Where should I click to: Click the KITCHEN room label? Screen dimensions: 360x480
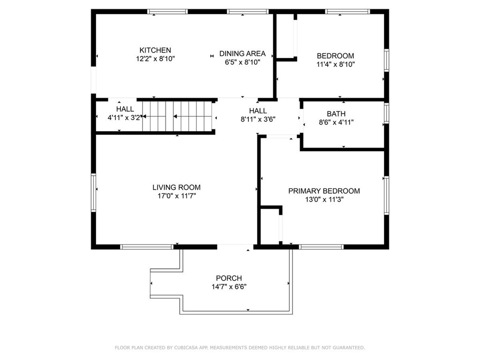coord(155,50)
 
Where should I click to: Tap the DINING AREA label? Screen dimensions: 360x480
coord(242,53)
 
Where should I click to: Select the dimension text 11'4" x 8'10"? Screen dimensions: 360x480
coord(335,64)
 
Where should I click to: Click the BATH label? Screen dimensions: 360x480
coord(336,114)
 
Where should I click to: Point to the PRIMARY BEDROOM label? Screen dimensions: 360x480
coord(324,191)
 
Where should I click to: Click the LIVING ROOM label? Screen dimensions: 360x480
coord(176,187)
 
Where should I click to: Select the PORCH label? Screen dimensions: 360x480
coord(229,278)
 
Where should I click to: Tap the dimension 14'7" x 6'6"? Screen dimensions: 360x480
coord(229,286)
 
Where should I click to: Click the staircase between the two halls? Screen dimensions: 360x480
coord(178,117)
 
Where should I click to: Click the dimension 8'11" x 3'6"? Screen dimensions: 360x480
coord(258,119)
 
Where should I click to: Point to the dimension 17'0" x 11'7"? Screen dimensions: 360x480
coord(176,196)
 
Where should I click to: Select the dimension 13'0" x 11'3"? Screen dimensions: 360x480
coord(324,199)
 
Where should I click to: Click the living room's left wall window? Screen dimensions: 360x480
coord(94,193)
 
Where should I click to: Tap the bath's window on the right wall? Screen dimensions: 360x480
coord(386,113)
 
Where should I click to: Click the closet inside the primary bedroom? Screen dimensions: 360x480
coord(270,226)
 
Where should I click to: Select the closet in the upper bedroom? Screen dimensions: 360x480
coord(285,36)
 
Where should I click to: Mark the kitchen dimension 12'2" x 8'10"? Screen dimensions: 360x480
coord(155,59)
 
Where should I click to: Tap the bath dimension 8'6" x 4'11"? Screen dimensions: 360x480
coord(336,122)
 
